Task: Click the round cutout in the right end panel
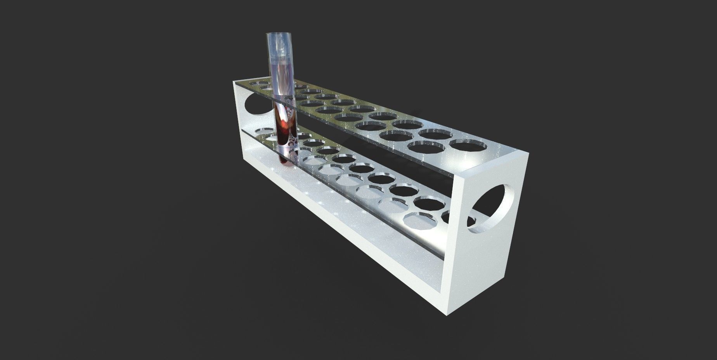coord(492,208)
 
